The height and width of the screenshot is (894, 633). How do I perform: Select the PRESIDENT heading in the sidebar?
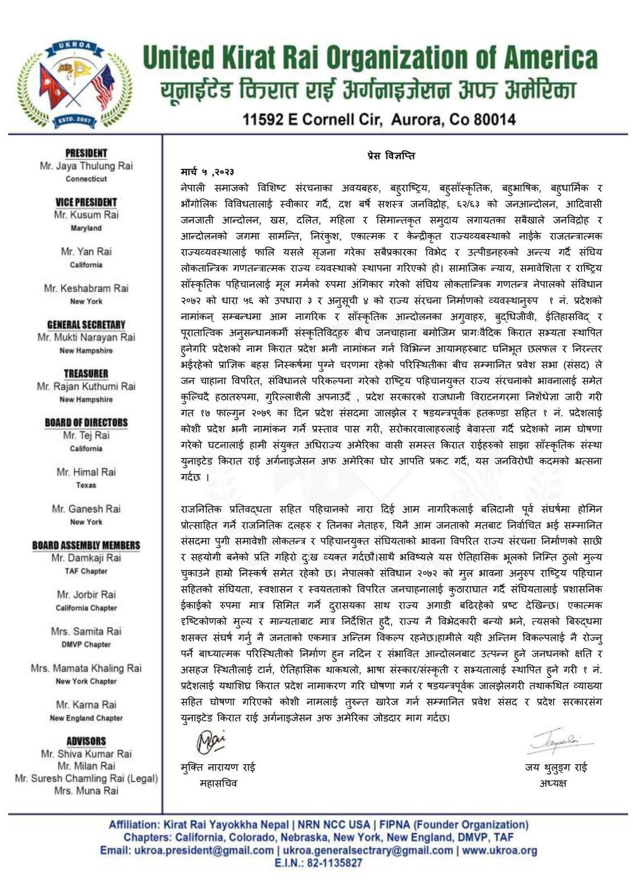pos(86,153)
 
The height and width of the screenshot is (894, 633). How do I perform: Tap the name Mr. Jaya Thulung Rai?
pos(86,166)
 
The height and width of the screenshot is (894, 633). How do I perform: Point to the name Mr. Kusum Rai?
pos(86,215)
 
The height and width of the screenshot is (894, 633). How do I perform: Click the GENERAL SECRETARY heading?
pos(86,325)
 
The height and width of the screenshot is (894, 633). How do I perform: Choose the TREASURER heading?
pos(86,373)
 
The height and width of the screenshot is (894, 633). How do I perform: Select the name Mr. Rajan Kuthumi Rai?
pos(86,386)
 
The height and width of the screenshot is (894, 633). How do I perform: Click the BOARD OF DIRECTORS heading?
pos(86,422)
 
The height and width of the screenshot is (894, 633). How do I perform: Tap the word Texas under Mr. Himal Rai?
pos(86,485)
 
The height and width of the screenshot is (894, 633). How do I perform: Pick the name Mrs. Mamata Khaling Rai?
pos(86,668)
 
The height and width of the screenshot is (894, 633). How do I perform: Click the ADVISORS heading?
pos(86,741)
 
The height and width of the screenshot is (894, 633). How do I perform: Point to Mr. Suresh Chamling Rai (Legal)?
pos(86,778)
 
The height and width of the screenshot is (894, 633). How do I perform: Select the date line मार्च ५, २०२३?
pos(207,171)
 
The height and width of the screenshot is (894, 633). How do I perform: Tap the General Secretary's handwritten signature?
pos(210,741)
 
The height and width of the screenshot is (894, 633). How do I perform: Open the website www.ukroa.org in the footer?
pos(499,850)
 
